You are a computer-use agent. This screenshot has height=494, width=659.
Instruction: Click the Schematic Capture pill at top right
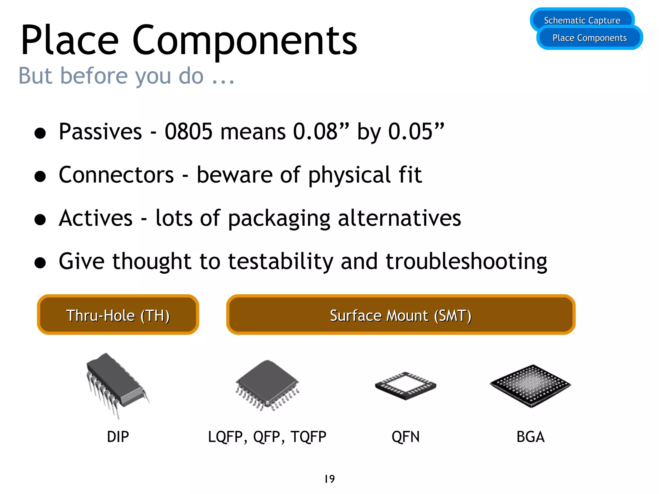click(582, 19)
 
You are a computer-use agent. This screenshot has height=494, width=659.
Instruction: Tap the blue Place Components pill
click(589, 38)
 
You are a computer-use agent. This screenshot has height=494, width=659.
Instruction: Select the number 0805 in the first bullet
click(189, 132)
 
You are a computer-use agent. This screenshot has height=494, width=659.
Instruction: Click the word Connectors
click(116, 175)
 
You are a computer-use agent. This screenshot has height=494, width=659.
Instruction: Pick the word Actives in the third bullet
click(96, 218)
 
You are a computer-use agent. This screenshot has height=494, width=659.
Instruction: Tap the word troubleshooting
click(466, 261)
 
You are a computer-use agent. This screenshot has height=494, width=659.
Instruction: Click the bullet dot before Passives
click(40, 133)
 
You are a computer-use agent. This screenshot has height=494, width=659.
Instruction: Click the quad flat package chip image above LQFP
click(267, 385)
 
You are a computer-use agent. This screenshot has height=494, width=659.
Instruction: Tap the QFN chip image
click(405, 386)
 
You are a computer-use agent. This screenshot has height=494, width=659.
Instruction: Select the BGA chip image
click(530, 385)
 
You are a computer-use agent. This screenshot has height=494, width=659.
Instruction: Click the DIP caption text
click(118, 437)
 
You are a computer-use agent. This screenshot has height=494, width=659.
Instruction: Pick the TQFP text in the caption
click(308, 437)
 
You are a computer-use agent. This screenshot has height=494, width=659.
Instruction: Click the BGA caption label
click(530, 437)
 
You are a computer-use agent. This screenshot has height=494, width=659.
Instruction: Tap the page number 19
click(329, 479)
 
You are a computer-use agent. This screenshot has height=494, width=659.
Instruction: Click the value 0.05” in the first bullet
click(416, 132)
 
